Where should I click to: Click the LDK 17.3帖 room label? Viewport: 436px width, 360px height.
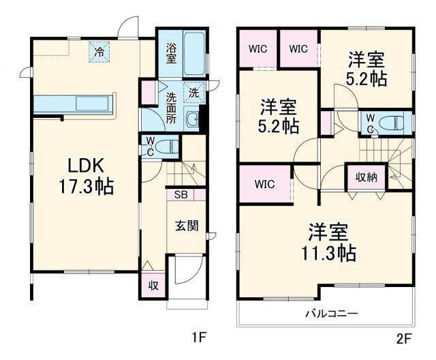(85, 175)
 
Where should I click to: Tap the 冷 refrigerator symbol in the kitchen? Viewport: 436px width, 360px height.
(100, 52)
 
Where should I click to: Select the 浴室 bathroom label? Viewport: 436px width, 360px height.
(171, 53)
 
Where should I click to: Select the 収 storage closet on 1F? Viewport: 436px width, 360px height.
(153, 285)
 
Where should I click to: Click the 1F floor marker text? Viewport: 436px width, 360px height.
(198, 336)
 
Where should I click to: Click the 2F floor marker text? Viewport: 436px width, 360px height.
(405, 336)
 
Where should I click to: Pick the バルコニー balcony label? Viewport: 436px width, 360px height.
(330, 314)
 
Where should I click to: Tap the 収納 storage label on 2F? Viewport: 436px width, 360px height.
(366, 177)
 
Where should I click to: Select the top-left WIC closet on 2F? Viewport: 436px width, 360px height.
(258, 48)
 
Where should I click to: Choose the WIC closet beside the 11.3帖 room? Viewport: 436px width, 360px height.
(265, 183)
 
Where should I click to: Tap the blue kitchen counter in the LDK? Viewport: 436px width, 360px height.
(75, 104)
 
